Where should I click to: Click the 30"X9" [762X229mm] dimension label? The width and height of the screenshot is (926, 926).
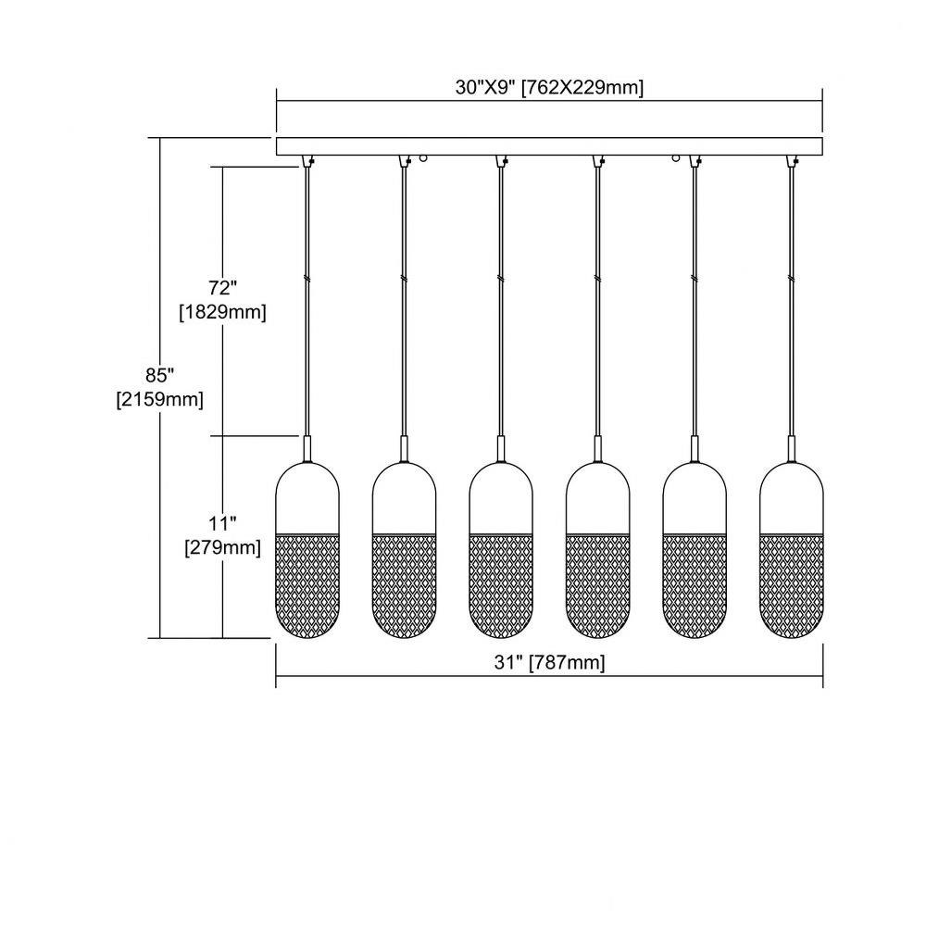(x=549, y=87)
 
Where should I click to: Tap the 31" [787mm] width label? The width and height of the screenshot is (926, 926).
(x=549, y=662)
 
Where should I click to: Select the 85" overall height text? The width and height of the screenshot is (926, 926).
(x=160, y=375)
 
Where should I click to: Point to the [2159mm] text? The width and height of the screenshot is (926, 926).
(x=160, y=400)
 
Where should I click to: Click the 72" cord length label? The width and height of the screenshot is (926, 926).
(x=222, y=288)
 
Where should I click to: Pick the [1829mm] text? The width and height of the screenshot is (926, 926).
(x=222, y=312)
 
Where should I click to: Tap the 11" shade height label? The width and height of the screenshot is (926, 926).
(x=222, y=522)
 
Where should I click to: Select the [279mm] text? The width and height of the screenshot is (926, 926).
(x=222, y=547)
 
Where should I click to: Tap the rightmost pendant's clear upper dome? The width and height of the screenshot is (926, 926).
(x=792, y=498)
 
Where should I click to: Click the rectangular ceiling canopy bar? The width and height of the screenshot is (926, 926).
(x=549, y=146)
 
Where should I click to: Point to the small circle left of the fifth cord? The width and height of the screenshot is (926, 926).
(x=677, y=158)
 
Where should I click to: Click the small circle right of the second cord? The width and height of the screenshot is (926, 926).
(x=423, y=158)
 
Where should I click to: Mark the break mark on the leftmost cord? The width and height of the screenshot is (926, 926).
(x=307, y=278)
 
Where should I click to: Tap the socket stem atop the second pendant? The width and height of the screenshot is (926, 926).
(x=404, y=449)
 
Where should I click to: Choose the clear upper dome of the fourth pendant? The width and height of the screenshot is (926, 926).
(x=597, y=498)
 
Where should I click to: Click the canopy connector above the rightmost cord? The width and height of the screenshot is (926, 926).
(x=792, y=161)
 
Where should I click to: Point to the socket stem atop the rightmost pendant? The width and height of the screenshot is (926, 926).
(x=792, y=449)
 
